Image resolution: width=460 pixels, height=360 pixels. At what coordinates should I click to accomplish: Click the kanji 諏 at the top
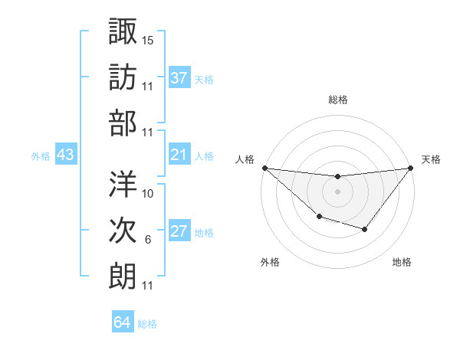coord(123,31)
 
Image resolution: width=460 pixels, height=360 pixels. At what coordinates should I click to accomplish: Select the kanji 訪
coord(123,77)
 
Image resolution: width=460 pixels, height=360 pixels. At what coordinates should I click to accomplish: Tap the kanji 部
coord(123,123)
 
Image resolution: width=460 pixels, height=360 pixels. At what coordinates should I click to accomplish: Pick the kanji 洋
coord(123,184)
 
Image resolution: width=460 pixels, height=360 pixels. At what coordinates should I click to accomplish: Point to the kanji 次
coord(123,230)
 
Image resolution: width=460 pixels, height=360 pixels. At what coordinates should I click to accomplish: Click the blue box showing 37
coord(179,78)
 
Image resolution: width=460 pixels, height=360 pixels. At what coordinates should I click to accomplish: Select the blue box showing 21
coord(179,155)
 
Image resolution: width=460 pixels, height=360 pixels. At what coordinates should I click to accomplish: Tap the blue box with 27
coord(179,232)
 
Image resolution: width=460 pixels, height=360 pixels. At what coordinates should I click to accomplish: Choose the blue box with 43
coord(65,155)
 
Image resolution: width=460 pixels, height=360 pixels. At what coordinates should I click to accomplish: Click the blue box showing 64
coord(123,322)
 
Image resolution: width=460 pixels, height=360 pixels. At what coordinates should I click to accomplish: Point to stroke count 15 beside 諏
coord(148,39)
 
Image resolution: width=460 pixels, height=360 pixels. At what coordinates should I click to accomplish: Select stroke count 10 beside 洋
coord(148,193)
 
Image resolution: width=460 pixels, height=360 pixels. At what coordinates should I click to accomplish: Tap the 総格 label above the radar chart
coord(337,100)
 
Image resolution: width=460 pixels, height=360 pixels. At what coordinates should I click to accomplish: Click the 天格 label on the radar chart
coord(432,159)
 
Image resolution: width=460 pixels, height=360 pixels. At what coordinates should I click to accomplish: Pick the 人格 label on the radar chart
coord(245,159)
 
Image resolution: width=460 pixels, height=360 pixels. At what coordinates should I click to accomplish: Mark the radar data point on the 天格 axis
coord(411,168)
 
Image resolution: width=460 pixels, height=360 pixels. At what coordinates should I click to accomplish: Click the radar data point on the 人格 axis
coord(264,168)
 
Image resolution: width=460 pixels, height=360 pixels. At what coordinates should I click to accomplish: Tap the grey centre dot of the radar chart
coord(337,191)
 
